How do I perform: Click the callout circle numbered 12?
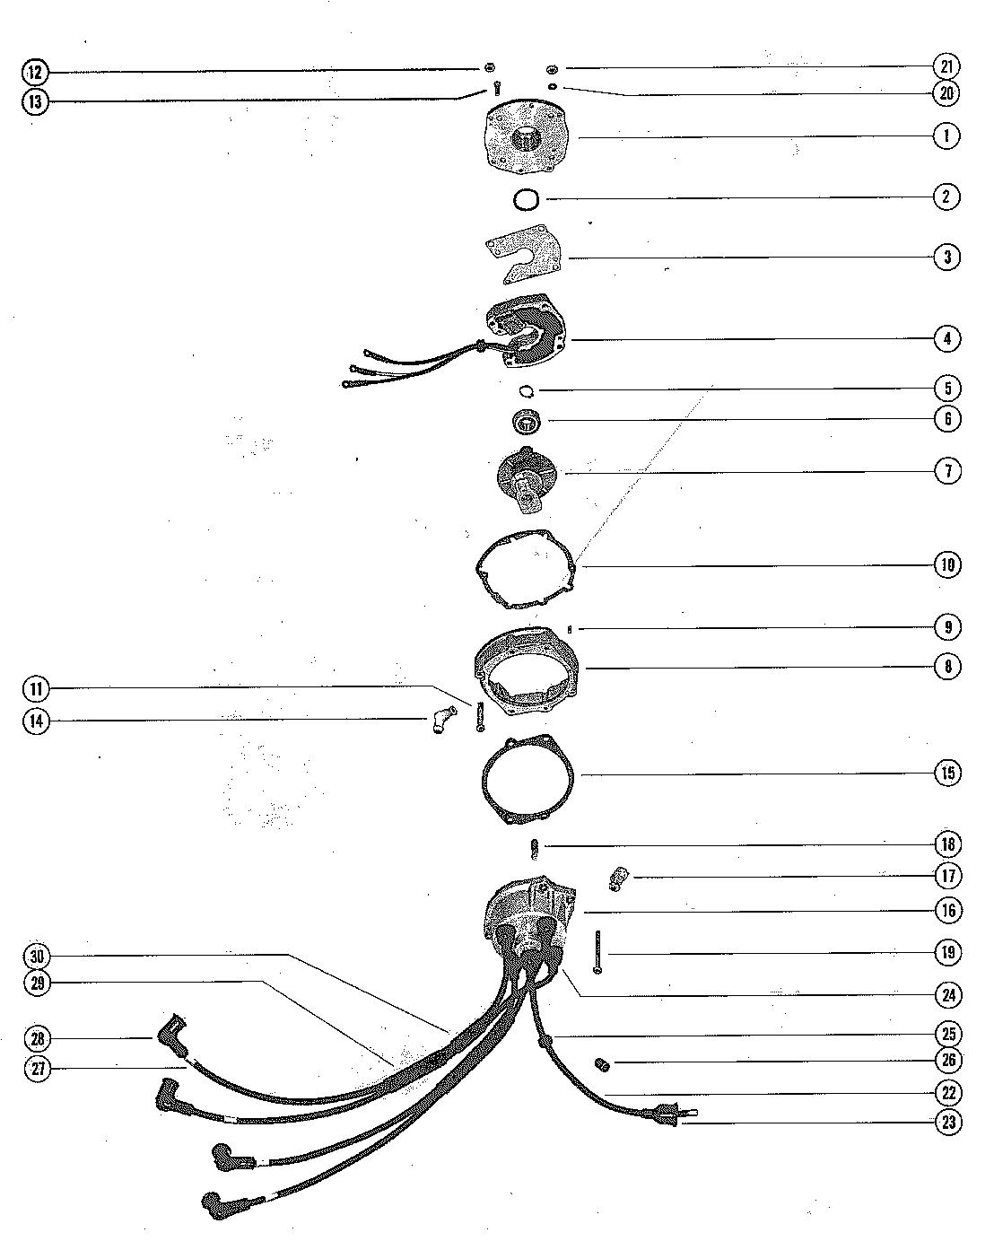34,72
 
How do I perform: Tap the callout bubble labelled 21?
947,66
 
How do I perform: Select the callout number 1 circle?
946,135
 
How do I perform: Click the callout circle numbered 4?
947,339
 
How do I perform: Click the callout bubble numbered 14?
36,721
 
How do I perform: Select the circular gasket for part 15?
529,778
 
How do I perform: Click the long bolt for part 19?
596,953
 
